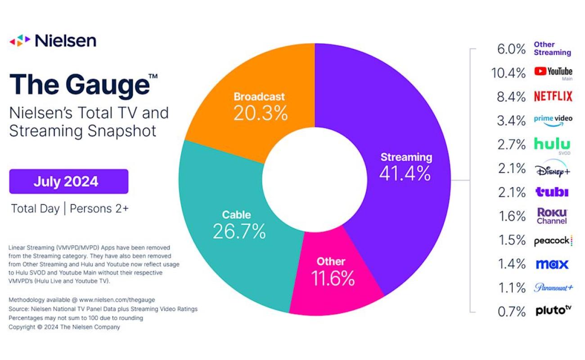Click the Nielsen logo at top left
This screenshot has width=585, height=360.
tap(53, 40)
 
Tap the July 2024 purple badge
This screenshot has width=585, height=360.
tap(69, 181)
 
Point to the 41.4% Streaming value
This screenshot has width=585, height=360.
tap(405, 173)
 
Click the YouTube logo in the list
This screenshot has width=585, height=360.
tap(553, 72)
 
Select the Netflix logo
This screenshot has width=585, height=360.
tap(553, 96)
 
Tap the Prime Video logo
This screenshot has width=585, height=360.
tap(553, 120)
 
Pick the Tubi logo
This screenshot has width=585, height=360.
tap(552, 192)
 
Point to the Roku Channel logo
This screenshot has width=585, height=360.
tap(552, 216)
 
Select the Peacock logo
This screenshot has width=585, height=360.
tap(553, 241)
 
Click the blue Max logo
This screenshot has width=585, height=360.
tap(552, 264)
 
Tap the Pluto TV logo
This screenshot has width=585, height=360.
tap(553, 310)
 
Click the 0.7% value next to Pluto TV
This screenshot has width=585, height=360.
tap(512, 311)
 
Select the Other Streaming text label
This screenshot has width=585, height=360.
tap(552, 49)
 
